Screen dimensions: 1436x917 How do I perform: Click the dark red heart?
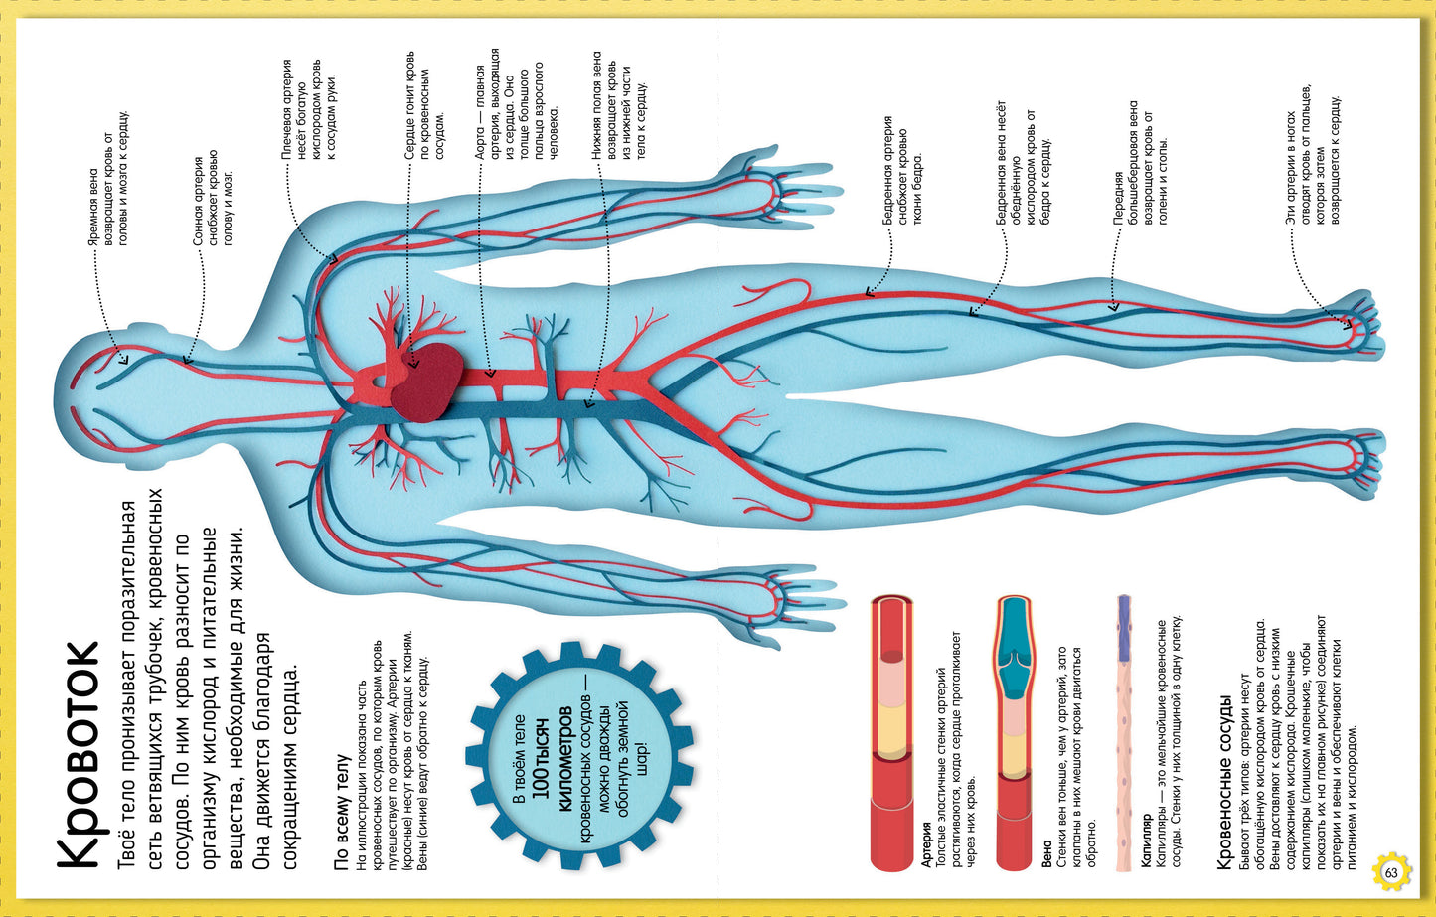(x=427, y=382)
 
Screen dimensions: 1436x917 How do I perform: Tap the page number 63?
(x=1391, y=872)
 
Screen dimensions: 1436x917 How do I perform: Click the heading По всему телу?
(x=341, y=812)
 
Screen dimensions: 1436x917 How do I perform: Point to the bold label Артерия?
(x=926, y=844)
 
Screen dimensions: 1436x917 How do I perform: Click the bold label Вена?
(x=1046, y=854)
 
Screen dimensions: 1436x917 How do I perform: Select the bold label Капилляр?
(x=1146, y=841)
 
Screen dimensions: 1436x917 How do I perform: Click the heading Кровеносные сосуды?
(x=1225, y=782)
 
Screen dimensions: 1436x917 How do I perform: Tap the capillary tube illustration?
(x=1123, y=733)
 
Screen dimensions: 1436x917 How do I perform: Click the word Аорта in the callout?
(x=480, y=143)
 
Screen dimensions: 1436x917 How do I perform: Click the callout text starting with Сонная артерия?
(x=214, y=198)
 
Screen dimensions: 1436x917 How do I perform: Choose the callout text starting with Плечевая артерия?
(x=310, y=109)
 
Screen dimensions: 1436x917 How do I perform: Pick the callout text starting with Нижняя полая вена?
(x=619, y=105)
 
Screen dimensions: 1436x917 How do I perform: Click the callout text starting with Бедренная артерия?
(x=902, y=171)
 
